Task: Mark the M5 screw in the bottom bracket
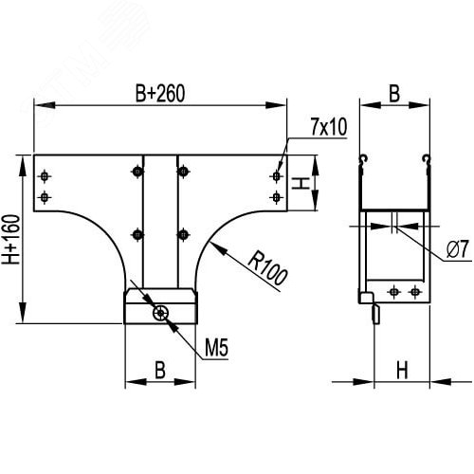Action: [162, 310]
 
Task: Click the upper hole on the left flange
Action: [45, 175]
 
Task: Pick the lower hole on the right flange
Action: [276, 196]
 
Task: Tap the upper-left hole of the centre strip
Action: [138, 171]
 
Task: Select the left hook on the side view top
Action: [362, 158]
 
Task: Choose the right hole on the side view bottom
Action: [413, 290]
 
